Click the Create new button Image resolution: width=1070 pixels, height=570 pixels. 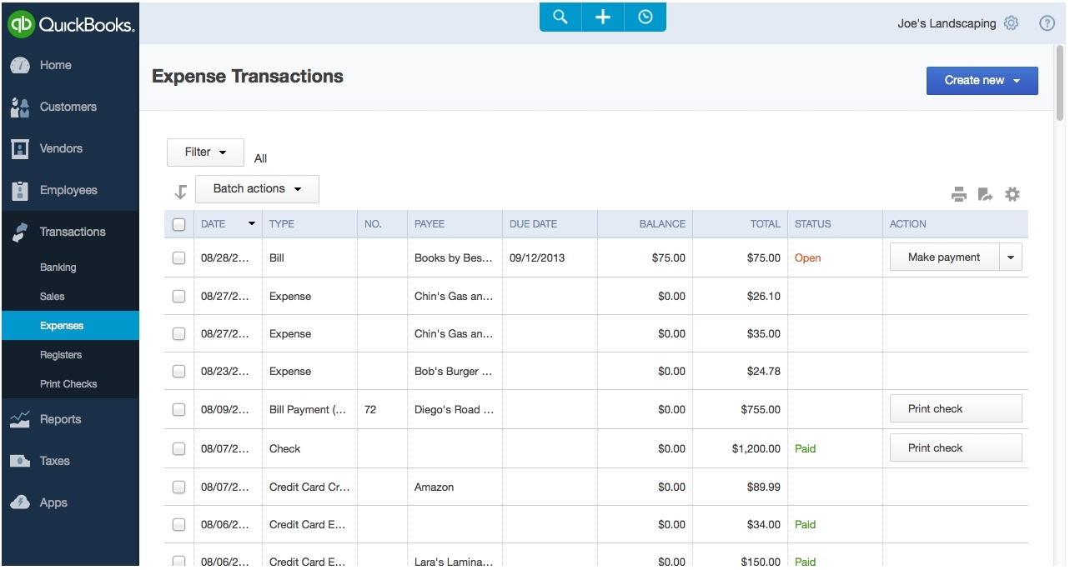pyautogui.click(x=982, y=81)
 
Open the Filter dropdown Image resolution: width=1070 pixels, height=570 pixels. pyautogui.click(x=205, y=152)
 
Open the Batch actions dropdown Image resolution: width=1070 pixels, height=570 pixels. pyautogui.click(x=257, y=189)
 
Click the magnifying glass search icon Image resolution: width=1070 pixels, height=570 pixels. pyautogui.click(x=560, y=17)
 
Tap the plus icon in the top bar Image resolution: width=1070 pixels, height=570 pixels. pyautogui.click(x=603, y=17)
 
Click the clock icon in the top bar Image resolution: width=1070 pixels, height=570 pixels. pyautogui.click(x=645, y=17)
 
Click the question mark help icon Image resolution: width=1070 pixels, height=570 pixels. pyautogui.click(x=1047, y=23)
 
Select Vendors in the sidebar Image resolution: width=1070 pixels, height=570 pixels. pyautogui.click(x=61, y=148)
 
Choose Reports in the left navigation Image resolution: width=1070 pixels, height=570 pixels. pyautogui.click(x=60, y=419)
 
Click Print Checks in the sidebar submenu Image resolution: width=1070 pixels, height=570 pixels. pyautogui.click(x=68, y=384)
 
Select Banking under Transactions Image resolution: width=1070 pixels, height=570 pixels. pyautogui.click(x=58, y=267)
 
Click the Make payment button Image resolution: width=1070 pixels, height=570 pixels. pyautogui.click(x=944, y=257)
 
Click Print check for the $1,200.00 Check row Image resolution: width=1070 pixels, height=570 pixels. pyautogui.click(x=956, y=447)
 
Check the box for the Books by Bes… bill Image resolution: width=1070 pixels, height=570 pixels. pyautogui.click(x=178, y=257)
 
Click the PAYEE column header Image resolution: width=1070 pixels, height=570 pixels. pyautogui.click(x=430, y=224)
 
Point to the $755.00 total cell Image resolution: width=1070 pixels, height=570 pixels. pyautogui.click(x=761, y=410)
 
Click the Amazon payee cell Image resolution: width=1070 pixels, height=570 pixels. pyautogui.click(x=434, y=487)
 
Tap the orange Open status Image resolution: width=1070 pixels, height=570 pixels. pyautogui.click(x=807, y=257)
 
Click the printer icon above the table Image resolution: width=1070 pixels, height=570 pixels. pyautogui.click(x=959, y=194)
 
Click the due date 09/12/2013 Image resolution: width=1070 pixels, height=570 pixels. pyautogui.click(x=537, y=257)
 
